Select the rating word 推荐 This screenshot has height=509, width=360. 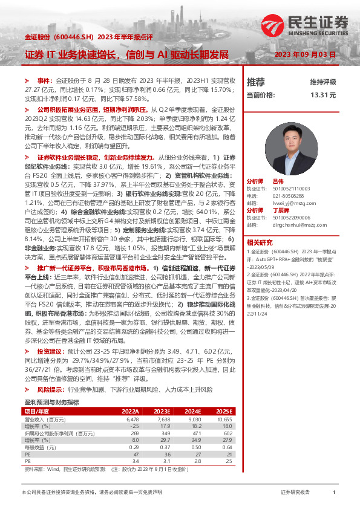pyautogui.click(x=256, y=82)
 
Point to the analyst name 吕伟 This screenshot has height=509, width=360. pyautogui.click(x=278, y=181)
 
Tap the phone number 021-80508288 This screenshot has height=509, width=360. pyautogui.click(x=287, y=196)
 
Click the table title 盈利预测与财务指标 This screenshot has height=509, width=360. pyautogui.click(x=51, y=402)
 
